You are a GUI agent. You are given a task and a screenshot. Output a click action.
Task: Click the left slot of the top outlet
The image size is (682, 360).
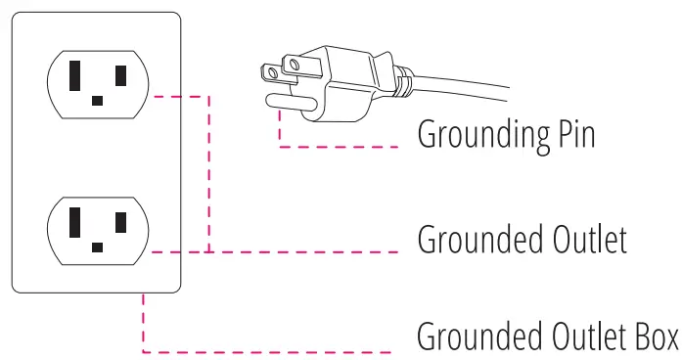[75, 75]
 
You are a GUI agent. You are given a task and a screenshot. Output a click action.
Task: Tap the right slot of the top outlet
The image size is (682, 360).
[120, 74]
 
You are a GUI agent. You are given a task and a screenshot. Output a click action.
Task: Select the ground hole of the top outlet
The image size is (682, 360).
[97, 100]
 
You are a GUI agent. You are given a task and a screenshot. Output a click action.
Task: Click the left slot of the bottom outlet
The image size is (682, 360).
[75, 223]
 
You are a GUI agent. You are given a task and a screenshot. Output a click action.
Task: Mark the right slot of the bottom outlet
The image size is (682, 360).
[120, 222]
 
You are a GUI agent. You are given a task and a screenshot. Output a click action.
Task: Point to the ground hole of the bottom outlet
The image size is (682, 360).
[97, 247]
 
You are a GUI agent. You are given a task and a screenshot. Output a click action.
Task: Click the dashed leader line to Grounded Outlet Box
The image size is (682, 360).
[274, 351]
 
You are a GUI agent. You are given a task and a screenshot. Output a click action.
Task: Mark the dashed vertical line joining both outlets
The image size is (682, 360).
[209, 176]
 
